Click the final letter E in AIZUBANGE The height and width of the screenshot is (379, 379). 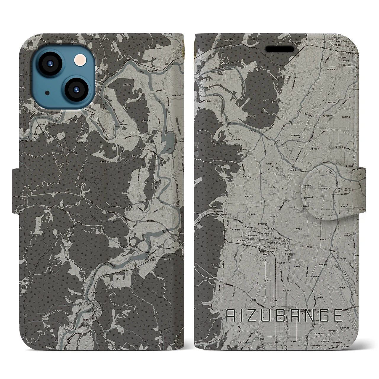(x=337, y=317)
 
